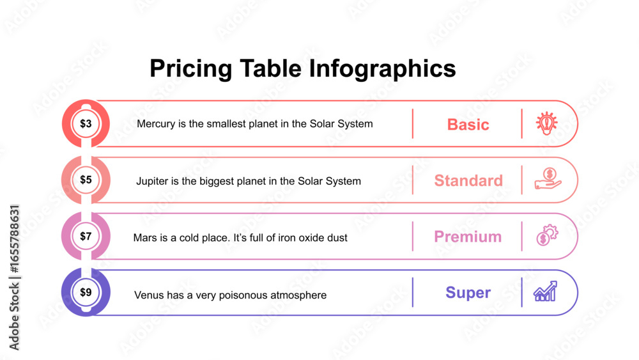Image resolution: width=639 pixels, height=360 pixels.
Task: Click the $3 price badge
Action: tap(86, 123)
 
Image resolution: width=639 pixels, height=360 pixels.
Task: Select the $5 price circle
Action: tap(86, 180)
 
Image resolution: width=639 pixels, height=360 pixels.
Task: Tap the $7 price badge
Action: tap(86, 236)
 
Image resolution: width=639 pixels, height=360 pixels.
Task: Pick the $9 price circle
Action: tap(86, 292)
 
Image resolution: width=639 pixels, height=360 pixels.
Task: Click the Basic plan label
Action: tap(468, 124)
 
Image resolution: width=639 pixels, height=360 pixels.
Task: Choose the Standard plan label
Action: tap(468, 180)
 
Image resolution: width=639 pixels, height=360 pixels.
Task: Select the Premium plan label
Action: tap(468, 237)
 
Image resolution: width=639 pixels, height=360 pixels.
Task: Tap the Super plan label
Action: tap(468, 293)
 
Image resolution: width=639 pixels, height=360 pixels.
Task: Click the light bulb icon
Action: tap(546, 123)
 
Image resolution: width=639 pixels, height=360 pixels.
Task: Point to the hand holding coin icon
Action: tap(548, 179)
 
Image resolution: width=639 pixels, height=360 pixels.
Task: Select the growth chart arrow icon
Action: tap(545, 291)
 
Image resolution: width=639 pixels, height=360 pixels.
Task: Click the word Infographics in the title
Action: tap(382, 68)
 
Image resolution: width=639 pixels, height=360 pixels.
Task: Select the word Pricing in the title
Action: tap(190, 68)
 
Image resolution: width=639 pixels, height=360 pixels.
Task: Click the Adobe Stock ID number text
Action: tap(14, 239)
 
